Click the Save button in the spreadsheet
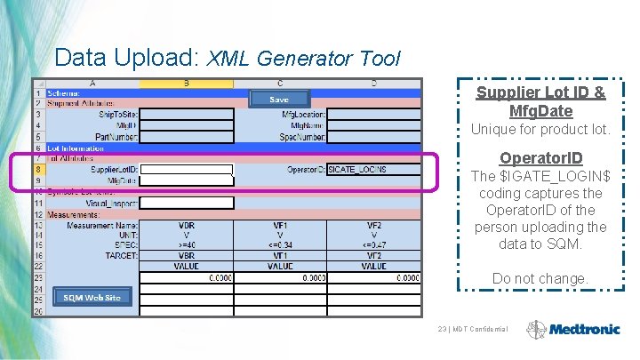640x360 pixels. click(279, 100)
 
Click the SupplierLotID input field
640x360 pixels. click(187, 169)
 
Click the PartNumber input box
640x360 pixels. click(187, 136)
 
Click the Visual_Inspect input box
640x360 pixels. click(187, 203)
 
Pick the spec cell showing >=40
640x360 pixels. click(187, 244)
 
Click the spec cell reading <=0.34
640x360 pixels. click(280, 244)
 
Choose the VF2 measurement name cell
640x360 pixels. click(373, 225)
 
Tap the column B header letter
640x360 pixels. click(187, 84)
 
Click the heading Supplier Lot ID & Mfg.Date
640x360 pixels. click(540, 102)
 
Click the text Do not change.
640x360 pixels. click(540, 278)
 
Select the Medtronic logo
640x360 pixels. click(572, 329)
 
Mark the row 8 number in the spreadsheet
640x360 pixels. click(39, 169)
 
